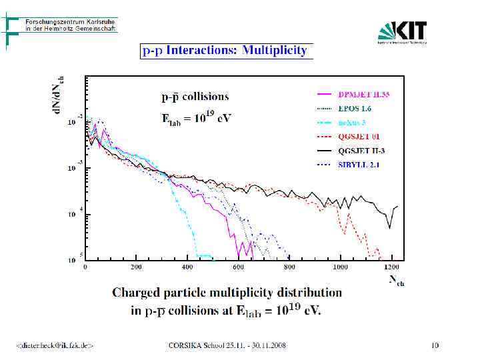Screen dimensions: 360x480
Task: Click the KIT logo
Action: pyautogui.click(x=402, y=32)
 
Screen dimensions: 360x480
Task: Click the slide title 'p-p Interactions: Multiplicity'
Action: pyautogui.click(x=224, y=50)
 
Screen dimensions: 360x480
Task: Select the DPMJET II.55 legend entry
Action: pyautogui.click(x=363, y=94)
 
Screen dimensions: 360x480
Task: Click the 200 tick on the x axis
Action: pyautogui.click(x=136, y=267)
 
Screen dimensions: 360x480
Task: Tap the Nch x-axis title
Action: pyautogui.click(x=397, y=281)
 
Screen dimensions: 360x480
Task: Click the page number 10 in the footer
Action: pyautogui.click(x=435, y=345)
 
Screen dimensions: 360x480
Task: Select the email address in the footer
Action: pyautogui.click(x=55, y=345)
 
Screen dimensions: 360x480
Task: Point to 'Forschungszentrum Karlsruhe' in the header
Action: pyautogui.click(x=71, y=21)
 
